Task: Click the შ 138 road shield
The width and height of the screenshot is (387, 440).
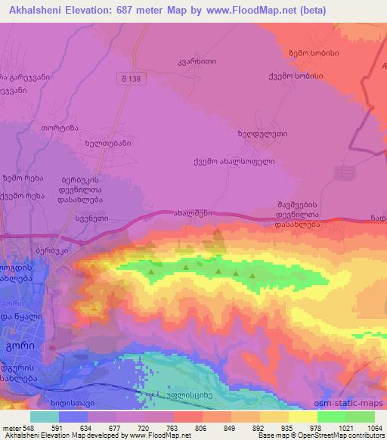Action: coord(128,78)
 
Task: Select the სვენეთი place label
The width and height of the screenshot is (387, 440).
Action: coord(91,218)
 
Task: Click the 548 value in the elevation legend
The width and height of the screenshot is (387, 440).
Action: coord(26,427)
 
